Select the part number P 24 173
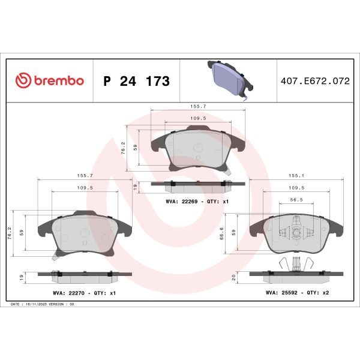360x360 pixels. coord(136,81)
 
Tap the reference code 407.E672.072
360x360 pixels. coord(314,81)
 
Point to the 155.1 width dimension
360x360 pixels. coord(296,176)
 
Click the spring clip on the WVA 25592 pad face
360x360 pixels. coord(296,232)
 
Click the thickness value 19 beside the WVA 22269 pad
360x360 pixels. coord(136,187)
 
